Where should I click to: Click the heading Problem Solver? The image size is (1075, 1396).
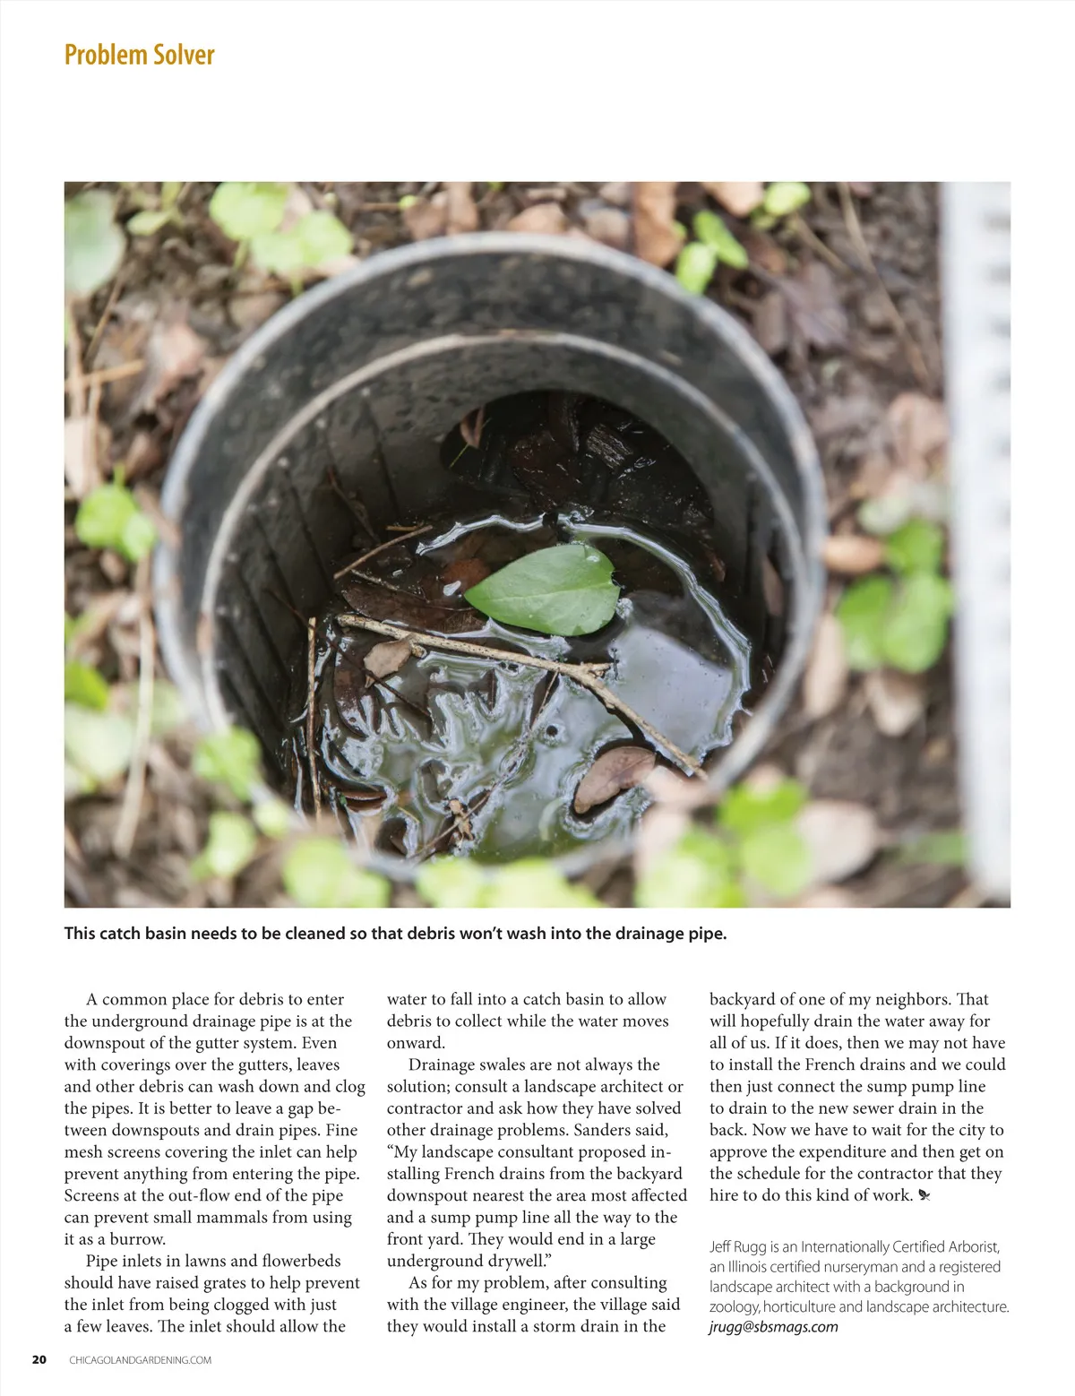coord(139,55)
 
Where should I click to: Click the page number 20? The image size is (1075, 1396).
coord(39,1359)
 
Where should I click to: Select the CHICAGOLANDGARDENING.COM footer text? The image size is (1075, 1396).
coord(140,1360)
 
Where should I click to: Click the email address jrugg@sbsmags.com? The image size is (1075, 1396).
coord(773,1327)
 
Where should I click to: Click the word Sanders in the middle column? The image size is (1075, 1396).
coord(605,1130)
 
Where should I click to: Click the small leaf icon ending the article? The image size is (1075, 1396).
coord(924,1196)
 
